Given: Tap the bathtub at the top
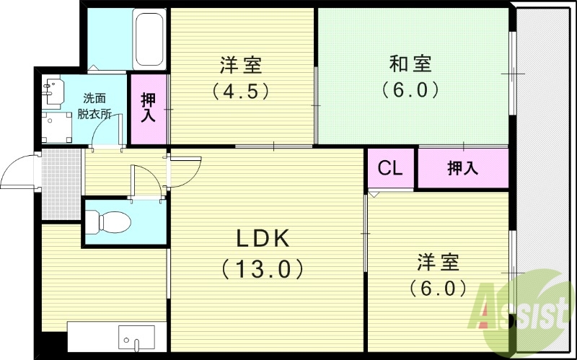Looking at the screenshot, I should click(149, 39).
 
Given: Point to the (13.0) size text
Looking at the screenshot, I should click(263, 269).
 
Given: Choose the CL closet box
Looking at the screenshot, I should click(390, 168).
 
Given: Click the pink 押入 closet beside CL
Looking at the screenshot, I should click(463, 168).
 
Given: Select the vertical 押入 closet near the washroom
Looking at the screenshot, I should click(149, 108).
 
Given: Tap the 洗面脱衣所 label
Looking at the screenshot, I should click(94, 105).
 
